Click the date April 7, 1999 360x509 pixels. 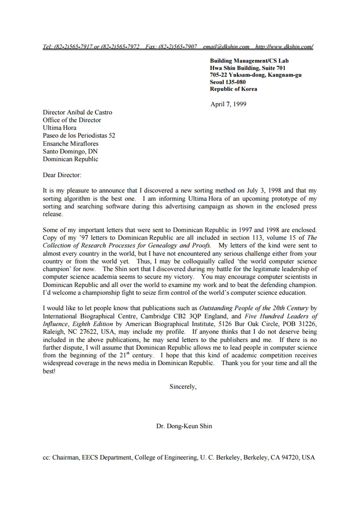(228, 104)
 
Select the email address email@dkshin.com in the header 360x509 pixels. (226, 46)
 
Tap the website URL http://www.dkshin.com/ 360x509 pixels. (284, 46)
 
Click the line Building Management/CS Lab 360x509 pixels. (249, 61)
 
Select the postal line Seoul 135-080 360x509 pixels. (228, 82)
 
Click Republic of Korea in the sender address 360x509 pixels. (234, 89)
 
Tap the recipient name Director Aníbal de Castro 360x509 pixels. (77, 113)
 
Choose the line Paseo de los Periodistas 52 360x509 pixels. (79, 136)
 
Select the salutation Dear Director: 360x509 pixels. (62, 175)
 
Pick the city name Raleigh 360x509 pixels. (53, 332)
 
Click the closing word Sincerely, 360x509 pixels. (183, 387)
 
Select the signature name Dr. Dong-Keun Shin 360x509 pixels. (184, 426)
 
